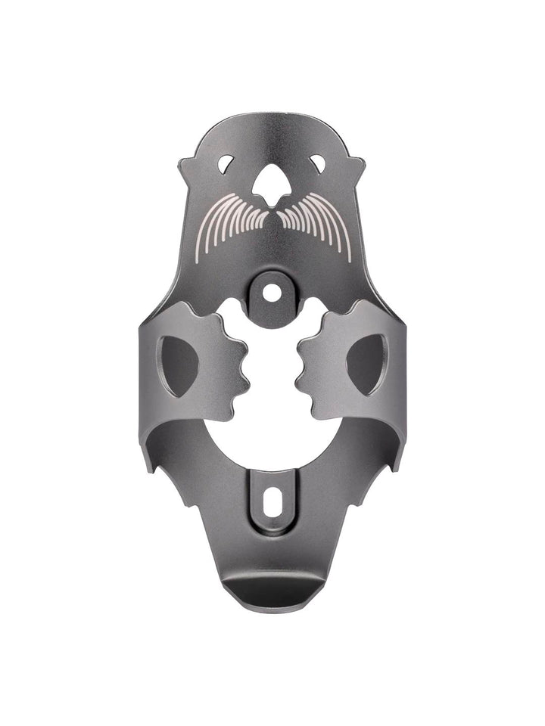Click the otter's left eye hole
[226, 162]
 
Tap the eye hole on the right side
[319, 162]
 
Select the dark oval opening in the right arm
[367, 365]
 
